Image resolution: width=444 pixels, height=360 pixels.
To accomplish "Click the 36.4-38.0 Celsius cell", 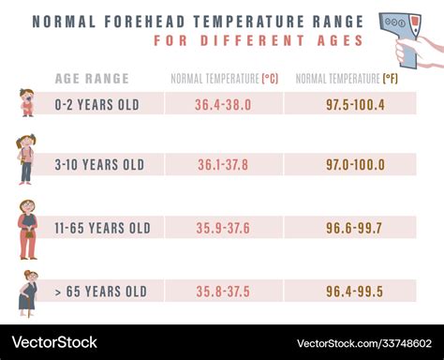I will click(x=223, y=104).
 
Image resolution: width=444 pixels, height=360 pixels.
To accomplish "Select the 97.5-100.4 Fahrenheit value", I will click(x=355, y=104).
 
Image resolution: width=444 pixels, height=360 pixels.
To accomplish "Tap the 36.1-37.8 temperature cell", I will click(x=223, y=165).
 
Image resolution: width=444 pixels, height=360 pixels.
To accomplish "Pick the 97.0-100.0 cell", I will click(x=355, y=165).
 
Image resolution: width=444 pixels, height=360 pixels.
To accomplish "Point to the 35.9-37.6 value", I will click(x=223, y=228).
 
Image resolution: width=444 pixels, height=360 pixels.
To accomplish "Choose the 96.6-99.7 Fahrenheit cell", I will click(x=355, y=228).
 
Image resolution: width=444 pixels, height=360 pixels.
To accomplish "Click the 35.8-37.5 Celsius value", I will click(x=223, y=292).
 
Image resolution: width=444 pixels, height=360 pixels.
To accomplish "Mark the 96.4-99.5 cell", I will click(x=355, y=292).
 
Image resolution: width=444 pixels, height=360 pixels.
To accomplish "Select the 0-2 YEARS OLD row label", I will click(x=96, y=104).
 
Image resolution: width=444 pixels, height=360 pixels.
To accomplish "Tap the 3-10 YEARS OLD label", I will click(x=99, y=165).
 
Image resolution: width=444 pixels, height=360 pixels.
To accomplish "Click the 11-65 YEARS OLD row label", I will click(x=102, y=228).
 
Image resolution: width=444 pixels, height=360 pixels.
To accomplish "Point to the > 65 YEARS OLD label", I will click(x=100, y=292).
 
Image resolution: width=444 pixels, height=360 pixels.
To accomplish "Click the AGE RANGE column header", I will click(x=92, y=79).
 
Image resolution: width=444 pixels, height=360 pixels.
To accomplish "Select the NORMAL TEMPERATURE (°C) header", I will click(x=225, y=79).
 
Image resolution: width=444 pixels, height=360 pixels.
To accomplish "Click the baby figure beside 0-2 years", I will click(x=26, y=102).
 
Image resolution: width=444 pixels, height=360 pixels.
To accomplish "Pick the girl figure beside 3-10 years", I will click(x=25, y=158).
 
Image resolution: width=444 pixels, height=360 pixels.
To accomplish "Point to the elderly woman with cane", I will click(x=28, y=291).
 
